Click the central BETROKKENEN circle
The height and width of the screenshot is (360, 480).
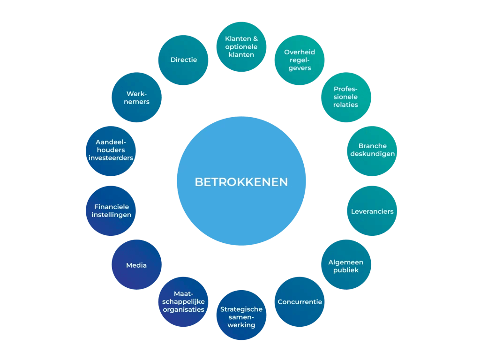click(x=241, y=181)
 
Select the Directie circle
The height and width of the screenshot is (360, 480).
click(x=183, y=60)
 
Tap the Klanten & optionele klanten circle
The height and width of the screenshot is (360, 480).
click(x=241, y=46)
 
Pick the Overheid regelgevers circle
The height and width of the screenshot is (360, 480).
click(x=300, y=60)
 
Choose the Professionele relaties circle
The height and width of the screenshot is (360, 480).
click(x=346, y=97)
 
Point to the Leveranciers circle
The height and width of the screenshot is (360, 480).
click(x=372, y=211)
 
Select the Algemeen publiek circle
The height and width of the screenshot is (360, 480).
click(x=346, y=265)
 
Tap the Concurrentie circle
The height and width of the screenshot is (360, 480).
click(x=300, y=302)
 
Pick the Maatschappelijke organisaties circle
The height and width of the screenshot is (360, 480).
click(x=183, y=302)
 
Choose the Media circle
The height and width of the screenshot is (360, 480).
click(x=136, y=265)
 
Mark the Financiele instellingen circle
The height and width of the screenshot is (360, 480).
click(x=111, y=211)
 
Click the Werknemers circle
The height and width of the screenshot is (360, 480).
click(x=136, y=97)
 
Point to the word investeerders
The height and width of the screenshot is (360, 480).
click(x=111, y=158)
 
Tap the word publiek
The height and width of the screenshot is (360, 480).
click(x=346, y=270)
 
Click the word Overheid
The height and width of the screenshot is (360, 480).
click(x=300, y=52)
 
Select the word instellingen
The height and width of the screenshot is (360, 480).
click(x=112, y=215)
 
